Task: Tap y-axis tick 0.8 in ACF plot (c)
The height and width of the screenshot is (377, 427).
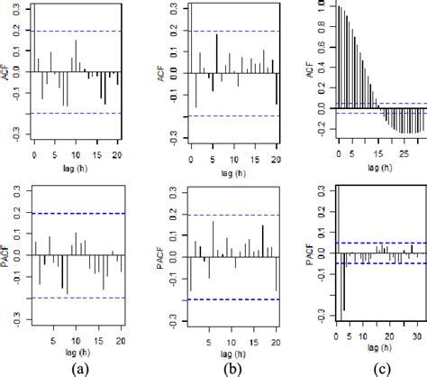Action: coord(320,24)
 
